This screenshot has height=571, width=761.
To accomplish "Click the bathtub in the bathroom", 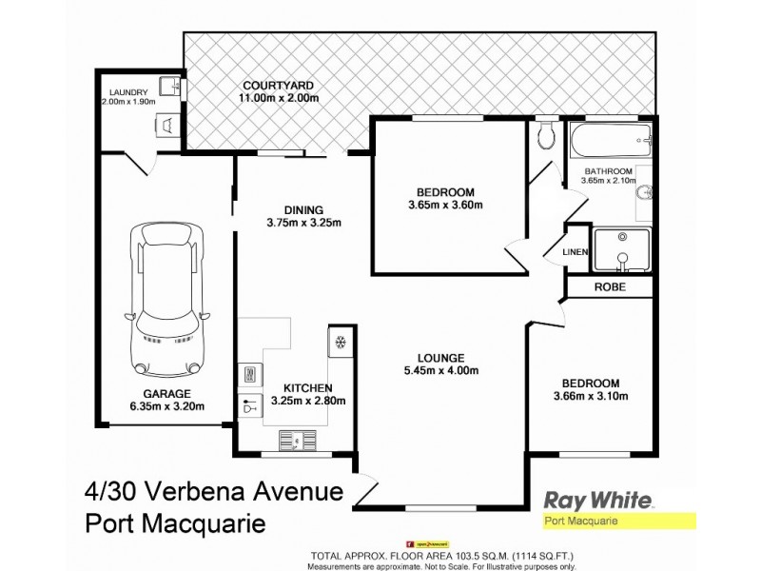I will [609, 142].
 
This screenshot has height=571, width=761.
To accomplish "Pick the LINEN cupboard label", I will [576, 251].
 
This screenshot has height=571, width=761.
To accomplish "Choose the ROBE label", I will [609, 285].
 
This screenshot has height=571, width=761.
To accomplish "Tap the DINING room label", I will [304, 210].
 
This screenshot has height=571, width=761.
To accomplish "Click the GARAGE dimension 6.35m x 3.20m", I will [168, 406].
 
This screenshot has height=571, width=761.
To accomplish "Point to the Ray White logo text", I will [596, 499].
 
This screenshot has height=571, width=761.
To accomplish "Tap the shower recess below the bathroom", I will [621, 250].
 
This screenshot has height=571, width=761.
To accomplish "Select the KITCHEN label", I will [306, 387].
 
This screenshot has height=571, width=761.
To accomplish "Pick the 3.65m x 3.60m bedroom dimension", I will [444, 204].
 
